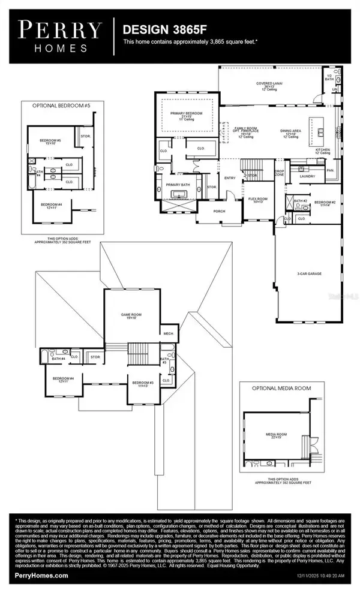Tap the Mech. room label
pos(167,334)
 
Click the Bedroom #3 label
pos(143,383)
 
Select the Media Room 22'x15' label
pos(277,435)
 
